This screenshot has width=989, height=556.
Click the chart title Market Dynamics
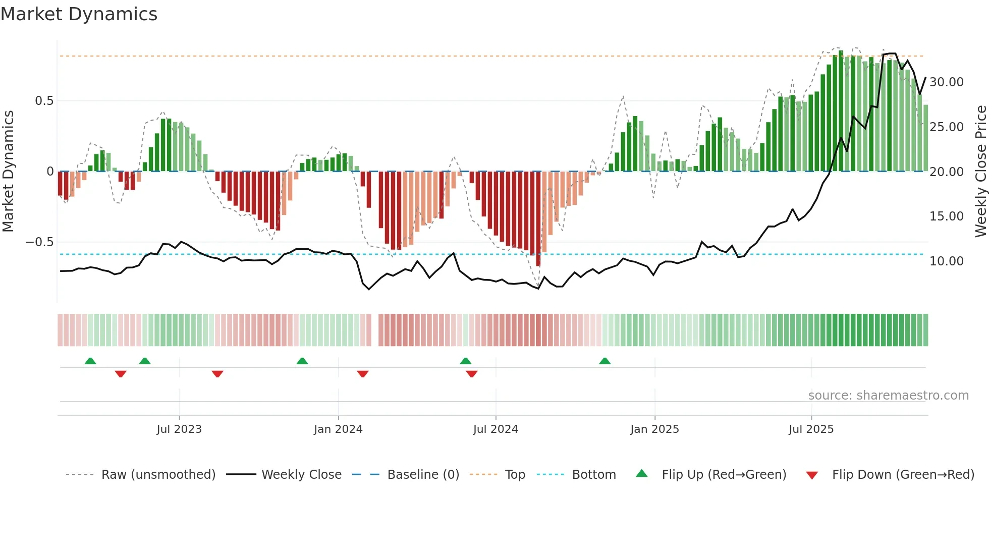[79, 14]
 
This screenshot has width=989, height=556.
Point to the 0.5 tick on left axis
[44, 101]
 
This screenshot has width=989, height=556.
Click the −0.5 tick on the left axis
[40, 242]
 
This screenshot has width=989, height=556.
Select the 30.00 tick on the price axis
[946, 82]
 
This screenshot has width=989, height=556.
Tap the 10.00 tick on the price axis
[946, 261]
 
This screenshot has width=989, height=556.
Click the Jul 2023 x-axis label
[179, 429]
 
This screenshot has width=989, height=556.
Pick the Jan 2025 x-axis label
[654, 429]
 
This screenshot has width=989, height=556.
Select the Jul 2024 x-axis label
[496, 429]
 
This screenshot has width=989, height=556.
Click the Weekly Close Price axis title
[980, 172]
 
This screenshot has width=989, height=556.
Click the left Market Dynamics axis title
[9, 172]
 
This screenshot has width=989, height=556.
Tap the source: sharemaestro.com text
[888, 396]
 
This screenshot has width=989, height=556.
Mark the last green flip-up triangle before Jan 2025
[605, 361]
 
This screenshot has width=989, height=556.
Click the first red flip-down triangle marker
[121, 374]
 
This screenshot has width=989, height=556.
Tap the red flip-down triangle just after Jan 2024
[363, 374]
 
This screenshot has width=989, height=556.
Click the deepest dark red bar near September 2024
[538, 222]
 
